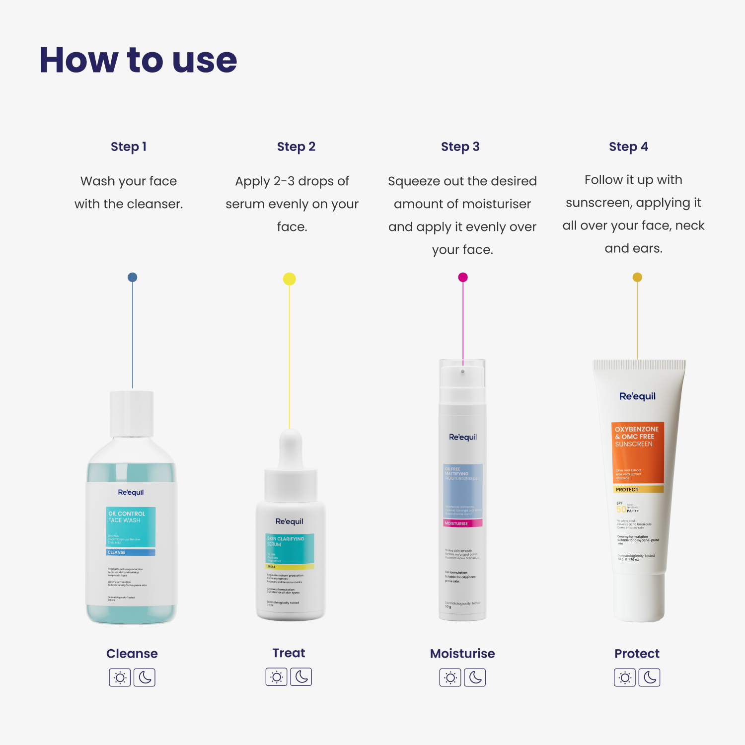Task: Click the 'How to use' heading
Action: (x=138, y=60)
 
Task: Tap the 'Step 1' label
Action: (x=129, y=147)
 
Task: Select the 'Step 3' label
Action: (x=460, y=147)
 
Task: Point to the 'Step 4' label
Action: (x=628, y=147)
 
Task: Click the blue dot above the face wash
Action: (x=132, y=277)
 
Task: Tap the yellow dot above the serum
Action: (x=289, y=279)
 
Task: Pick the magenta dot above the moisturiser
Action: (x=463, y=277)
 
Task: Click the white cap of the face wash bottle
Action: (x=132, y=413)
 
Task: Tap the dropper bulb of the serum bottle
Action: (x=291, y=447)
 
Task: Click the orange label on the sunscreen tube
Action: (x=638, y=452)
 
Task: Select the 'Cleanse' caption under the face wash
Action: (x=132, y=654)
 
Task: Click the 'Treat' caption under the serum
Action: (x=289, y=653)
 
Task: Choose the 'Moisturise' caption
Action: (x=462, y=654)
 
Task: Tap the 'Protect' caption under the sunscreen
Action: (x=637, y=654)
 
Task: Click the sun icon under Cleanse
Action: (x=120, y=677)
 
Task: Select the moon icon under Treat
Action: (x=301, y=677)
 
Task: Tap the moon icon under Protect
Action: (x=650, y=677)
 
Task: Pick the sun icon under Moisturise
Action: (x=450, y=677)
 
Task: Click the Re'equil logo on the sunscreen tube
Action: (x=637, y=396)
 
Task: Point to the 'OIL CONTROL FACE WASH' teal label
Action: (x=131, y=526)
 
